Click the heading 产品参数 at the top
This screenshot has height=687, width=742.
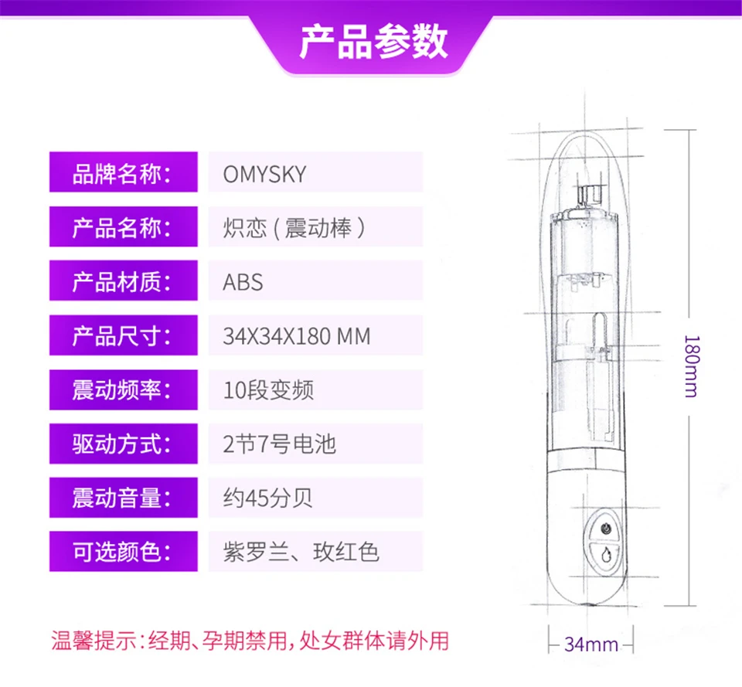[x=373, y=42]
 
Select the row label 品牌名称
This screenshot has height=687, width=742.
[x=121, y=174]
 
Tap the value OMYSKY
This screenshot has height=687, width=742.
[x=264, y=174]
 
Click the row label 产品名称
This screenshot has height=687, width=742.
[x=121, y=228]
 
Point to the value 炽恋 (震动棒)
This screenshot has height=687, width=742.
[x=294, y=228]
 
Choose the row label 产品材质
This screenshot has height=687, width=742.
[x=121, y=282]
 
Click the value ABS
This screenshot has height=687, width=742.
[x=243, y=283]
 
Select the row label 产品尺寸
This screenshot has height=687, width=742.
[x=121, y=336]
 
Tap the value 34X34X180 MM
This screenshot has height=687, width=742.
[x=297, y=336]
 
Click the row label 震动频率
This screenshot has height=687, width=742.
[x=121, y=390]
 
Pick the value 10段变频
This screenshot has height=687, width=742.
[x=268, y=390]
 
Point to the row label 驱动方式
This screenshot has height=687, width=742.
[x=121, y=444]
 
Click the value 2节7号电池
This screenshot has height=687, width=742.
[x=280, y=444]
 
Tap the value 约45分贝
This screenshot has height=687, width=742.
[x=268, y=498]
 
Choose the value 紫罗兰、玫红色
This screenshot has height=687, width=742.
[x=301, y=553]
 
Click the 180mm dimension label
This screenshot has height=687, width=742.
[x=691, y=366]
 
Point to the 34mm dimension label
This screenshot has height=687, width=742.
[x=591, y=644]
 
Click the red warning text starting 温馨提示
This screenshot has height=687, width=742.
[x=250, y=641]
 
